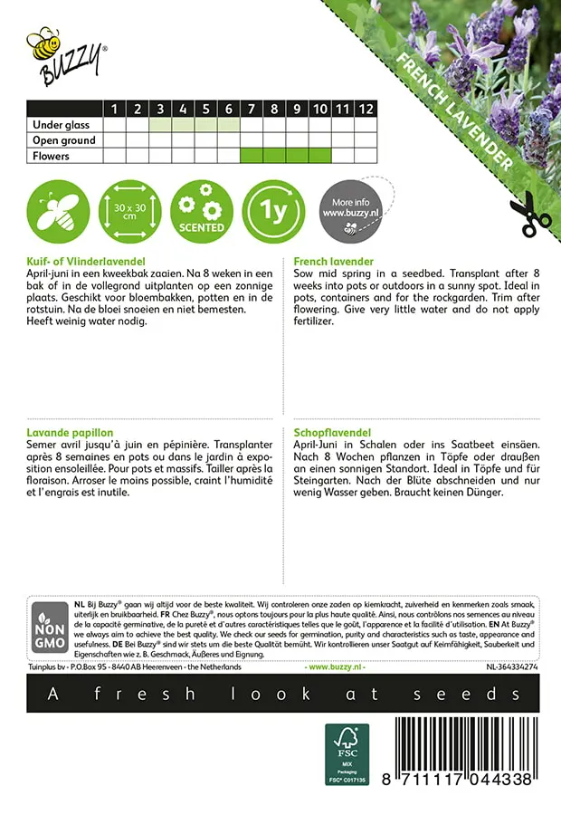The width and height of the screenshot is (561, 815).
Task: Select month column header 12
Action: pyautogui.click(x=365, y=109)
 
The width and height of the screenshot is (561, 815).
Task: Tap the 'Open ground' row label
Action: pyautogui.click(x=63, y=140)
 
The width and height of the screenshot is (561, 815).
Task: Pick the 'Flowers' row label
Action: pyautogui.click(x=51, y=156)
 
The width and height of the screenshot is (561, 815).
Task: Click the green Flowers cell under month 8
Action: pyautogui.click(x=274, y=156)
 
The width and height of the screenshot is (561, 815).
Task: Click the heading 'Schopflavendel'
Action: pyautogui.click(x=332, y=434)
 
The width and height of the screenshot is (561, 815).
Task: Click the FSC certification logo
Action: pyautogui.click(x=347, y=753)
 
